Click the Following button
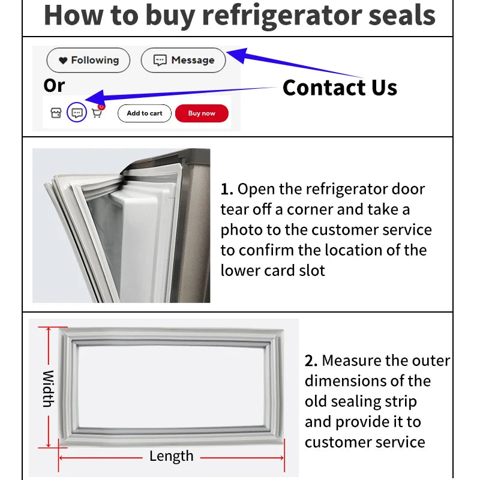88,60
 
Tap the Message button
183,60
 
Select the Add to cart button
144,113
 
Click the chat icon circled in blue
76,113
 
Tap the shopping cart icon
96,113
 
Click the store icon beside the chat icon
56,113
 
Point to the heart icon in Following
63,61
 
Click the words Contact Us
340,88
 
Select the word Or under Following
54,86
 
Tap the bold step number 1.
226,190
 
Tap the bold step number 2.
310,361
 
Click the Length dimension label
171,457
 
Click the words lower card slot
272,271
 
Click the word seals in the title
404,16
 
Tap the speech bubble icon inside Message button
160,60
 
